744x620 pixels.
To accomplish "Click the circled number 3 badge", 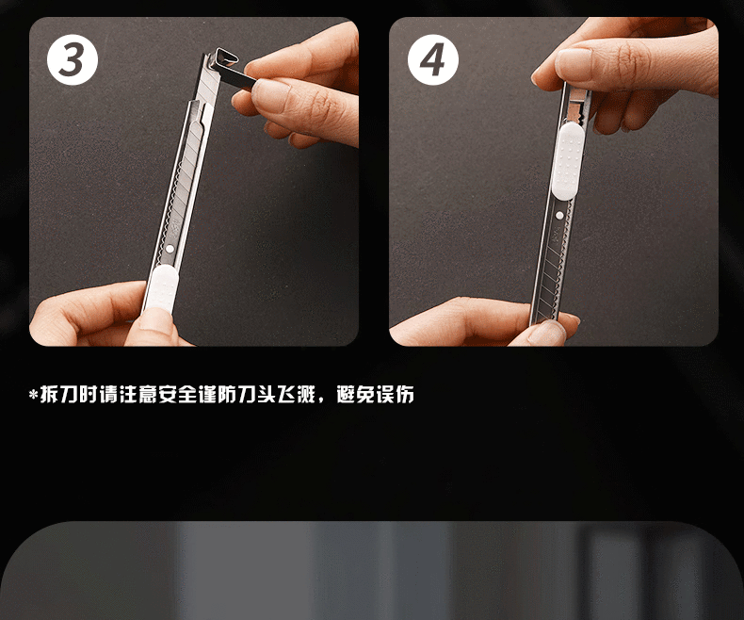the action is [73, 59].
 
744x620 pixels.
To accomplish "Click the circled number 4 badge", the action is [432, 59].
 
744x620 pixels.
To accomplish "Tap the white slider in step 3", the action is [161, 287].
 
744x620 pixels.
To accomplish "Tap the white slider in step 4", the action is [568, 160].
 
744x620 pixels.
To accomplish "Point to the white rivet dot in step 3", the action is [170, 249].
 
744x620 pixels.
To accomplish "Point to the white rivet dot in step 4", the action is [559, 216].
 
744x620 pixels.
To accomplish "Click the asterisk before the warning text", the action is [33, 395].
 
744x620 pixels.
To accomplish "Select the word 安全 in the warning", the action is [177, 394].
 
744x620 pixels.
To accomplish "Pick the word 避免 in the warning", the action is [355, 394].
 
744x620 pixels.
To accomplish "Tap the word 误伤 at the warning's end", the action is [395, 394].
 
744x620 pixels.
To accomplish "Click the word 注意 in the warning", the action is [138, 394].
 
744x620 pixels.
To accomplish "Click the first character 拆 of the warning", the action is [49, 394].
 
